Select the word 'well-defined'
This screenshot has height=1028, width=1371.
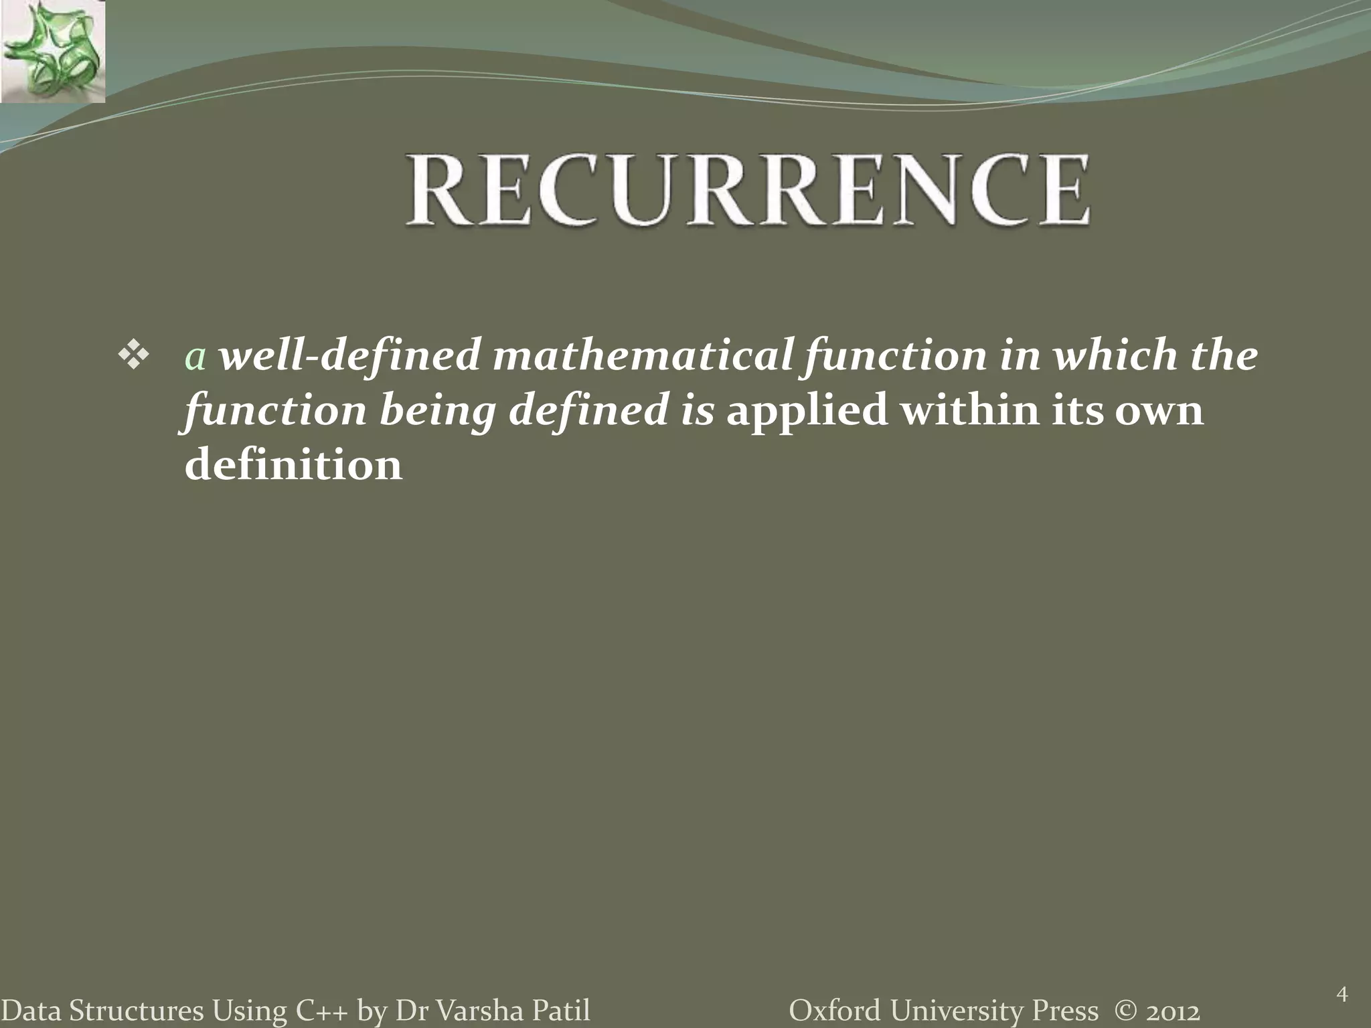pos(350,355)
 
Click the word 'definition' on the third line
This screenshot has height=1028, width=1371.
pos(293,464)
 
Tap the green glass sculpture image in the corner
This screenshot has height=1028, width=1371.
pos(52,51)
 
